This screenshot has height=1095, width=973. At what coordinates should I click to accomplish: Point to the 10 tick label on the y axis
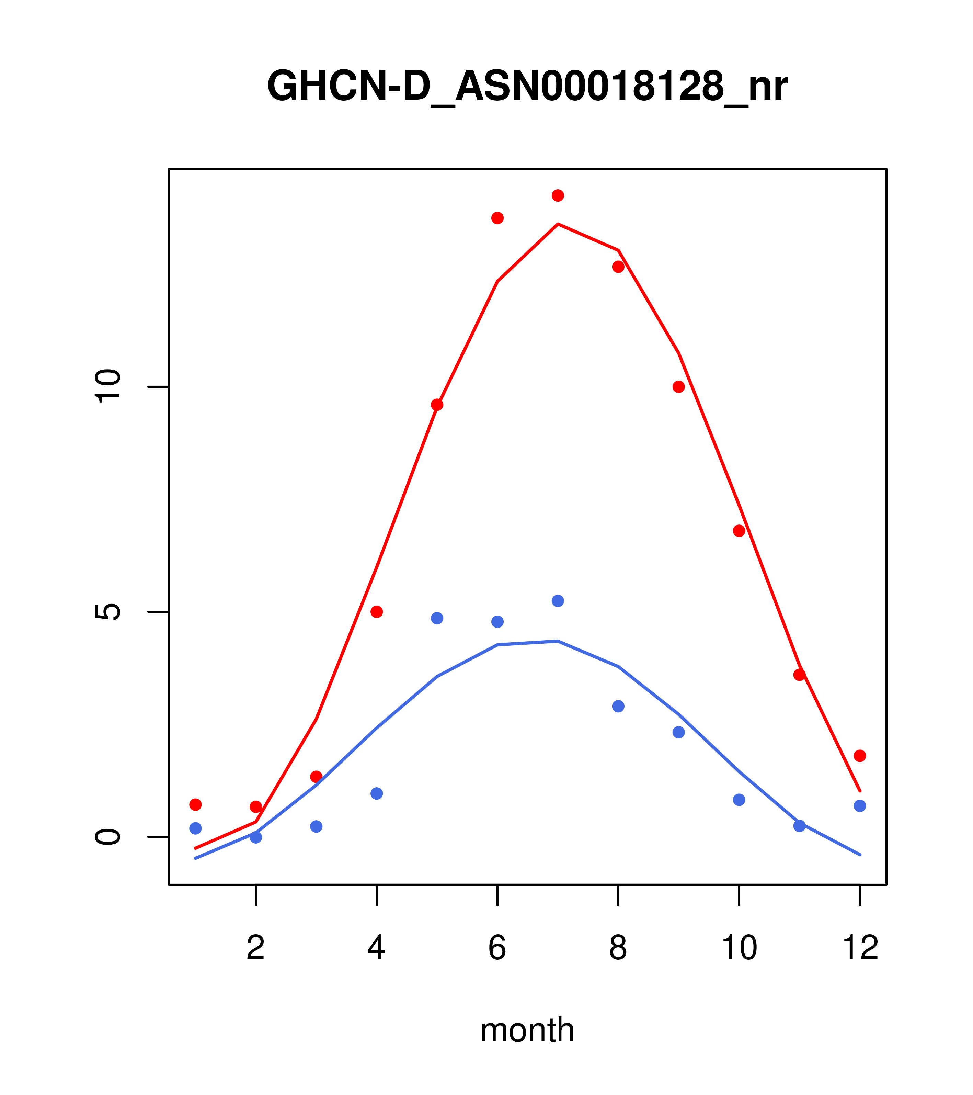[108, 386]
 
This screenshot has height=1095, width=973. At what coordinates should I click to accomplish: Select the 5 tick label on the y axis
[108, 612]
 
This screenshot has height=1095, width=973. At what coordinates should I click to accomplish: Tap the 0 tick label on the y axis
[108, 836]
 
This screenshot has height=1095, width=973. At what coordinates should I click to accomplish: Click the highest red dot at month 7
[558, 195]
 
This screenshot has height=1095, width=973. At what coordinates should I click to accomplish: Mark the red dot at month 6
[497, 218]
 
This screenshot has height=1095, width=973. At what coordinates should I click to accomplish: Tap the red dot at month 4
[377, 612]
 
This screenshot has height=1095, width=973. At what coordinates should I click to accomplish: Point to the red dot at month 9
[679, 387]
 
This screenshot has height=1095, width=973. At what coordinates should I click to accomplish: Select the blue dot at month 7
[558, 601]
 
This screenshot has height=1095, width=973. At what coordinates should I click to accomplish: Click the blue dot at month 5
[437, 618]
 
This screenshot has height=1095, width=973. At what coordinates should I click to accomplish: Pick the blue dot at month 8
[618, 706]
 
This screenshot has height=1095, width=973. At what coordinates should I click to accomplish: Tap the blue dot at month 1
[195, 828]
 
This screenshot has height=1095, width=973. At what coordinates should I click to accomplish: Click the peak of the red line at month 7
[558, 224]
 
